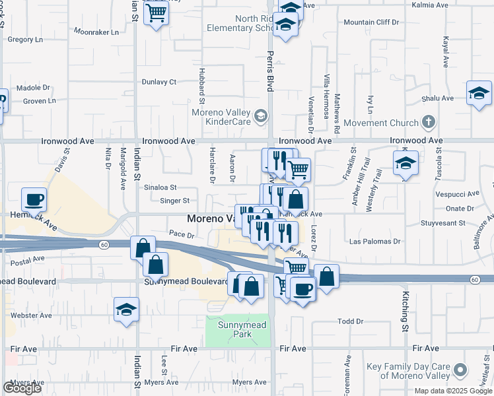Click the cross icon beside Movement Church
429,122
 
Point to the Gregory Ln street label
25,40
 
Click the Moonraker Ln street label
96,32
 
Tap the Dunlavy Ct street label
159,82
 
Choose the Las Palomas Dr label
375,242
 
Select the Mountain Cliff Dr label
372,22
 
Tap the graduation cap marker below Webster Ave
126,309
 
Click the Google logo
21,388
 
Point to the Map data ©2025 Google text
453,391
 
